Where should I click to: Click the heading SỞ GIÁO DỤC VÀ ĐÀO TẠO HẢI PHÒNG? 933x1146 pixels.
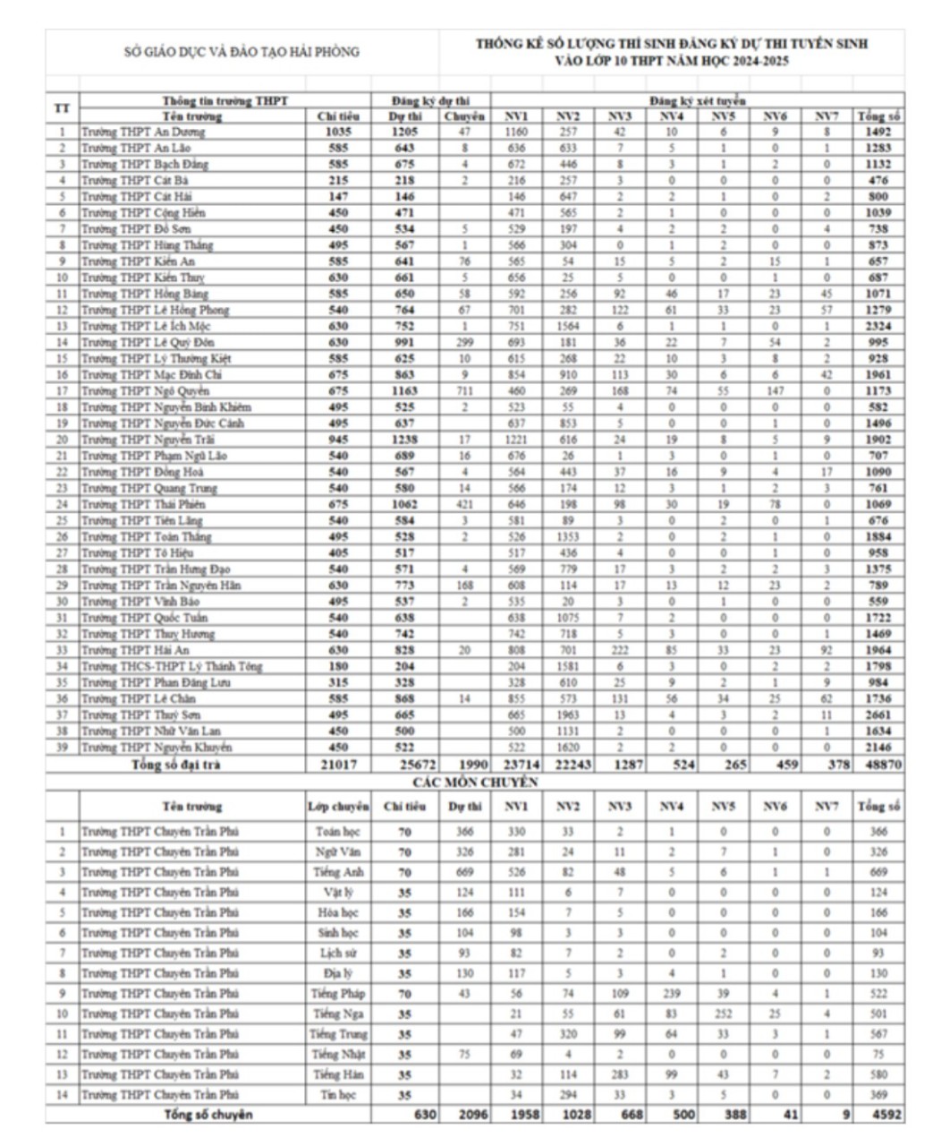(242, 52)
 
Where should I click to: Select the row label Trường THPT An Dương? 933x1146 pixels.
(143, 132)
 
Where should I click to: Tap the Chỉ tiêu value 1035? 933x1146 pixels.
(338, 132)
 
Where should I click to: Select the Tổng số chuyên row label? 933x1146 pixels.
(208, 1114)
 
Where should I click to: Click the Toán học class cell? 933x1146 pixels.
(338, 832)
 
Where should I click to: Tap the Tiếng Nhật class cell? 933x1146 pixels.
(338, 1054)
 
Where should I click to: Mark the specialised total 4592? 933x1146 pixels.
(883, 1114)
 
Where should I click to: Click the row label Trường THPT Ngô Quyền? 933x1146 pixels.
(145, 390)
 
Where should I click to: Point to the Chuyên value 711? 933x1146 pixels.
(464, 390)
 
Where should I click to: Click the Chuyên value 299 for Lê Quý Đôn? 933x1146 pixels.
(464, 342)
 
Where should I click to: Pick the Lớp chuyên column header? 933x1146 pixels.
(338, 807)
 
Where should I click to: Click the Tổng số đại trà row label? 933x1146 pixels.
(175, 765)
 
